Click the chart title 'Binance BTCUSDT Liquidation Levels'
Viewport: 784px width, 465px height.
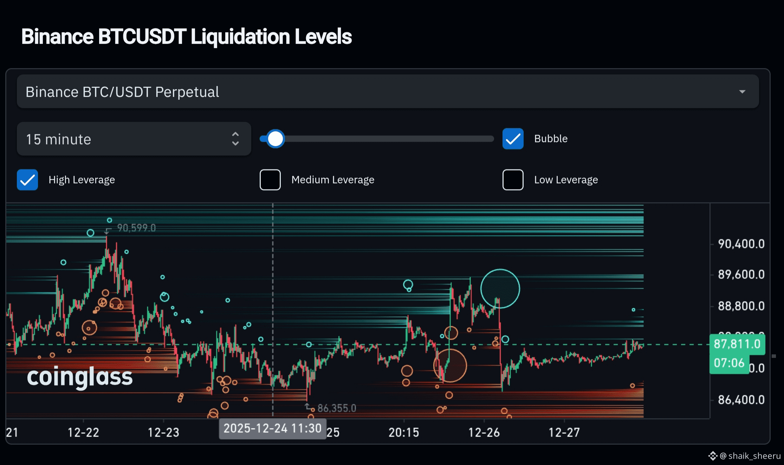point(186,37)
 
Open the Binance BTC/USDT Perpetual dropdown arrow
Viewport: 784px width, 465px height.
point(742,92)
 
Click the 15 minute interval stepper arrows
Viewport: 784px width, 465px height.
point(235,139)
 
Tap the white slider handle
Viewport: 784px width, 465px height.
point(276,139)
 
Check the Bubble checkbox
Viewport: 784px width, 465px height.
point(513,139)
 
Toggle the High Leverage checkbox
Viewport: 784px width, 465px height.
point(27,180)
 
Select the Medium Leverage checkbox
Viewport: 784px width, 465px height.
point(270,180)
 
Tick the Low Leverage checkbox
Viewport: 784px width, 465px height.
point(513,180)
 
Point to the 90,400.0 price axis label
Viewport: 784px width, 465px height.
point(741,244)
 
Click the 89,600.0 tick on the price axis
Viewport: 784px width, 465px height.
point(741,275)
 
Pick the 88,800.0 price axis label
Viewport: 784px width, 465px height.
point(741,306)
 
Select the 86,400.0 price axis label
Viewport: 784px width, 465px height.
point(741,400)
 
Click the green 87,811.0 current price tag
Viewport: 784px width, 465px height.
point(737,344)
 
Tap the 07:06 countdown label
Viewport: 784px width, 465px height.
point(729,363)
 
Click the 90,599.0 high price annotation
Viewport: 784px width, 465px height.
point(136,228)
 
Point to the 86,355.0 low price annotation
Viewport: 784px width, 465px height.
point(337,408)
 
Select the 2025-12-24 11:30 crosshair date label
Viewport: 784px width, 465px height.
point(272,428)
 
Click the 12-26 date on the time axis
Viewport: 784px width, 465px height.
point(484,432)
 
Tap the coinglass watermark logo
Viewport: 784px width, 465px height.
point(80,377)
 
